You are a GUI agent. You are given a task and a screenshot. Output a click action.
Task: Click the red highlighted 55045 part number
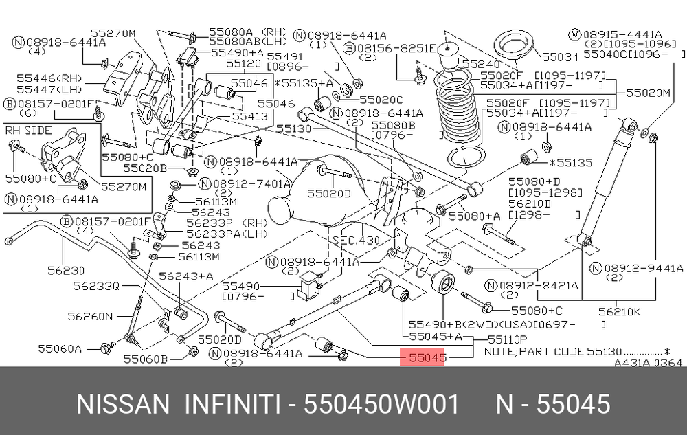click(x=423, y=357)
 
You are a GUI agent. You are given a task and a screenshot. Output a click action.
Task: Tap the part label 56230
click(x=66, y=270)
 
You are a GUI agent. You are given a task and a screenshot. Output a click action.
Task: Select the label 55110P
click(x=508, y=339)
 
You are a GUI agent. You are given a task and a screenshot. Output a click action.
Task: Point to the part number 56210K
click(x=619, y=312)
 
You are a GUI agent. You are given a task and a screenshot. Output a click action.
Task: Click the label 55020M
click(x=649, y=93)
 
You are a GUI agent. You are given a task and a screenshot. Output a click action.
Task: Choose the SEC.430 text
click(x=356, y=240)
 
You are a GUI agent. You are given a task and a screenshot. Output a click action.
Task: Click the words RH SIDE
click(x=28, y=131)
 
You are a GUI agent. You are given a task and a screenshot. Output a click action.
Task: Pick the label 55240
click(x=481, y=64)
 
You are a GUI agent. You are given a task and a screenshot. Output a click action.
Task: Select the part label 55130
click(x=293, y=129)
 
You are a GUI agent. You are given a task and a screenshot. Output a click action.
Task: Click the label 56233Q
click(x=96, y=286)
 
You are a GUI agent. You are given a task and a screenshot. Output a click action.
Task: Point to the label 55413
click(x=250, y=117)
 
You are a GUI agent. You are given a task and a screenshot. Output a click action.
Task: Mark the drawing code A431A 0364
click(x=648, y=363)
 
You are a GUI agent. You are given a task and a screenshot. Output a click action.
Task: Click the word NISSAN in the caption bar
click(x=123, y=404)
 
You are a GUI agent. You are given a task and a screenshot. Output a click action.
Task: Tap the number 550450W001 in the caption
click(x=381, y=404)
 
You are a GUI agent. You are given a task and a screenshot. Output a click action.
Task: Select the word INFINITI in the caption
click(x=232, y=404)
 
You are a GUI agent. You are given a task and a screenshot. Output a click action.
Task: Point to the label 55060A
click(x=60, y=348)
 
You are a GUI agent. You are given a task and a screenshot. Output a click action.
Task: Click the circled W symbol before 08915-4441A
click(x=575, y=34)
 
